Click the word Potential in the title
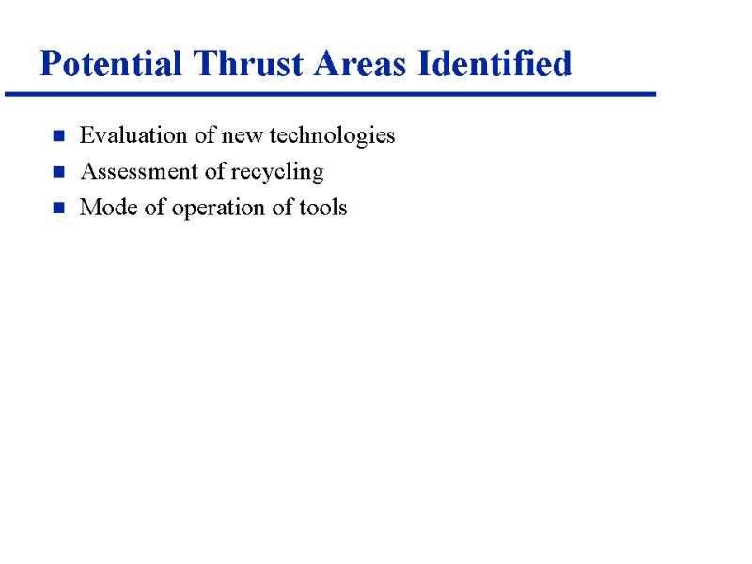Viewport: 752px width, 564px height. point(111,64)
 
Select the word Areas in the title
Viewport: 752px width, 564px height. point(360,63)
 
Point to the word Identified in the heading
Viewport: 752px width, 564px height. point(494,63)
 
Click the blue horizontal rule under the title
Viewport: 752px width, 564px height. point(331,94)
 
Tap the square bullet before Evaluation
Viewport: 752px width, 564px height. point(59,135)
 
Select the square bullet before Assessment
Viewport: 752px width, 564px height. point(59,172)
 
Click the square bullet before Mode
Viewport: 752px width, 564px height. point(59,208)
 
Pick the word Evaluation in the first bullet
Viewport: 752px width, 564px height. point(133,134)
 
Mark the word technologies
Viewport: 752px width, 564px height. point(333,136)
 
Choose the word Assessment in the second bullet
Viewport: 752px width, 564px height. point(139,171)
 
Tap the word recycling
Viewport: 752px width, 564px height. point(277,172)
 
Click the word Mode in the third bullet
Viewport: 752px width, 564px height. point(109,208)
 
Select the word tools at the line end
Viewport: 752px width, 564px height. point(323,208)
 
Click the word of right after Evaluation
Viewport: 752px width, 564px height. point(205,134)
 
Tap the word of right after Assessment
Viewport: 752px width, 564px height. point(215,171)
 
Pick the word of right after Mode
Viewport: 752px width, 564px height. point(155,207)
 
